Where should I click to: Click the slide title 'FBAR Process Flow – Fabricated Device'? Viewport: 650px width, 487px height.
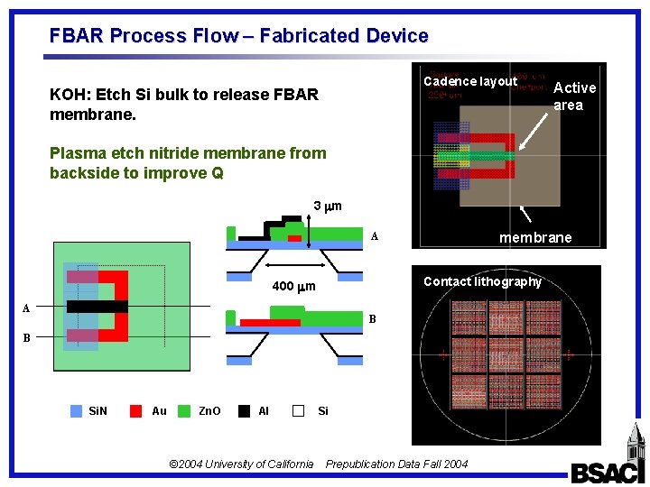[x=238, y=36]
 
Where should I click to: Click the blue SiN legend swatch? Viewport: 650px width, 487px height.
[x=77, y=411]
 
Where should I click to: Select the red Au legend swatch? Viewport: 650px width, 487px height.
[x=135, y=411]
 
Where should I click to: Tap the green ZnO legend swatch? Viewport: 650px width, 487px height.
[x=185, y=411]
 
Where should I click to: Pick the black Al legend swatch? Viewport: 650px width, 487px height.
[x=244, y=411]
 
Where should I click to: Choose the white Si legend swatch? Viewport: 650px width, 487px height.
[x=299, y=411]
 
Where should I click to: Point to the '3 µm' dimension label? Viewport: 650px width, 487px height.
[x=327, y=207]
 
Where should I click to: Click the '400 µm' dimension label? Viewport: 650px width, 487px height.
[x=293, y=288]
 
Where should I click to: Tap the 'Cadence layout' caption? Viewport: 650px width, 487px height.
[x=470, y=81]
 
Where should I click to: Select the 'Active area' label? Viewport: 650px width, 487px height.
[x=574, y=96]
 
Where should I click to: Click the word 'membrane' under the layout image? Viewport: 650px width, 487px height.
[x=535, y=237]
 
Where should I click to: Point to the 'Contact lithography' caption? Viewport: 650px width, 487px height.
[x=482, y=281]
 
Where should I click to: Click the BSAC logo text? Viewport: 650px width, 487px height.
[x=604, y=472]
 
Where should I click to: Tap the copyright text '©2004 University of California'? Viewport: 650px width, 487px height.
[x=241, y=464]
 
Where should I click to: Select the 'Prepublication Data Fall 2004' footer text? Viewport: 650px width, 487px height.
[x=396, y=464]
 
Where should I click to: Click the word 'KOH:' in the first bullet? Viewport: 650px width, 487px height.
[x=70, y=95]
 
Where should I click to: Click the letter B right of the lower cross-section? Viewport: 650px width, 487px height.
[x=372, y=319]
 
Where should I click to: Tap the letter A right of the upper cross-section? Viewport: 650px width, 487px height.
[x=374, y=237]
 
